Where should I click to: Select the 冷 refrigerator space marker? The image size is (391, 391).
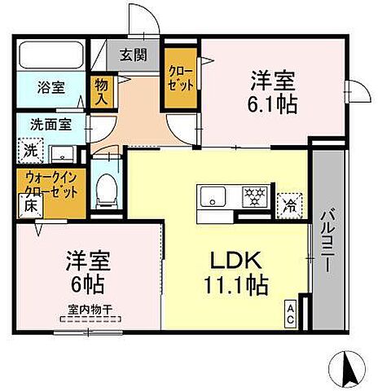288,204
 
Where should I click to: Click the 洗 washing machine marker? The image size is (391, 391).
29,150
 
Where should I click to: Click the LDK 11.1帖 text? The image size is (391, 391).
235,275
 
